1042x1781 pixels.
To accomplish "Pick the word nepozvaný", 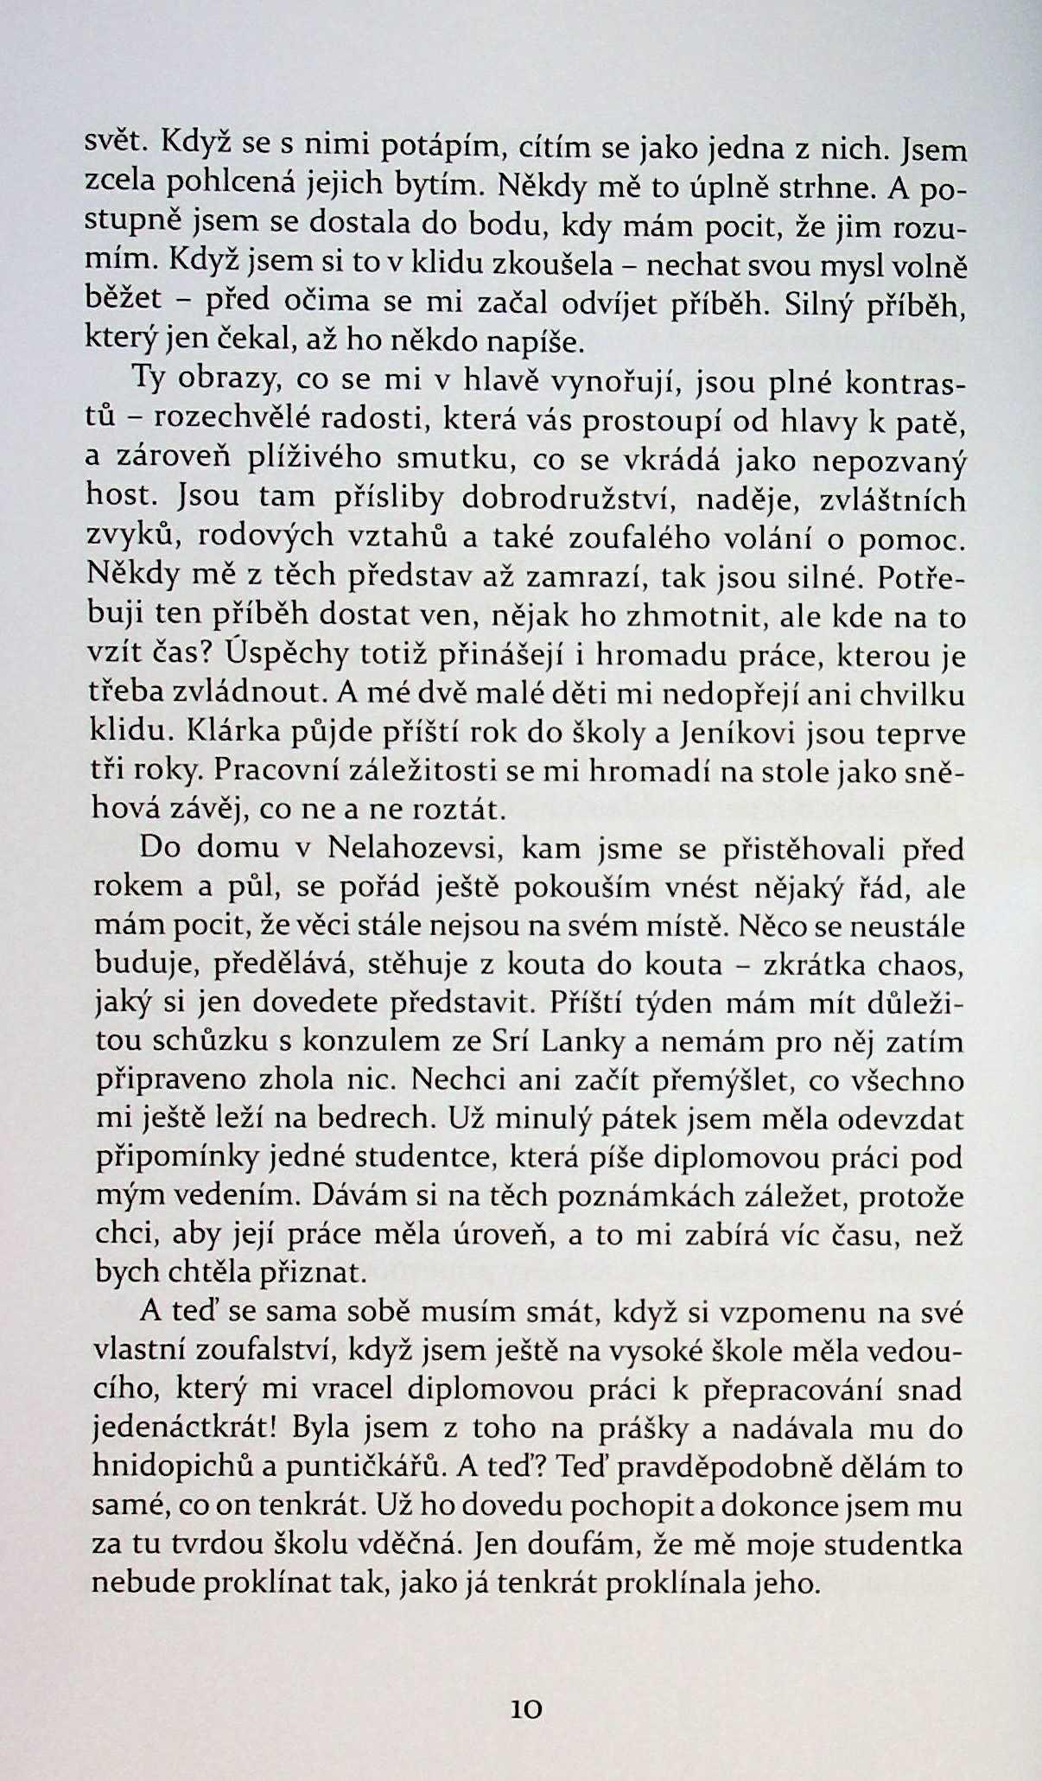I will coord(889,462).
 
